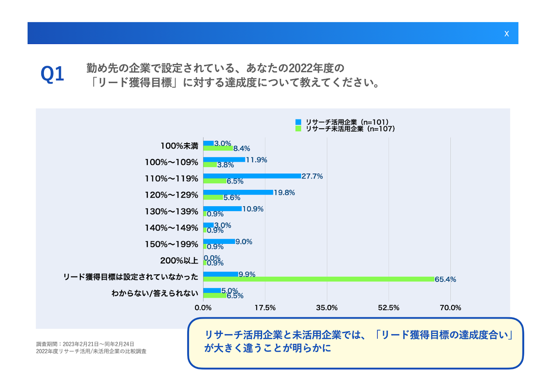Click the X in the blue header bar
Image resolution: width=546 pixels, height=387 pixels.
[507, 34]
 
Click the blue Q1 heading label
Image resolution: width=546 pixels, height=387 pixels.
[53, 74]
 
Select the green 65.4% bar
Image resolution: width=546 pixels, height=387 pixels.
[318, 279]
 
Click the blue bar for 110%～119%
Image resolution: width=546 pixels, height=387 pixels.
[252, 176]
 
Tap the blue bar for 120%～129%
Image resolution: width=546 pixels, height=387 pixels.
[238, 192]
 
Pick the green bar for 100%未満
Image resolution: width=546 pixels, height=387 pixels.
[218, 148]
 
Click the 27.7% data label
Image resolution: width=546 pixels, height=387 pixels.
[312, 176]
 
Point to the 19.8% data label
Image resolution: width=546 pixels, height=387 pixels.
[284, 193]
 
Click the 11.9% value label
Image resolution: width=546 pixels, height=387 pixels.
[256, 160]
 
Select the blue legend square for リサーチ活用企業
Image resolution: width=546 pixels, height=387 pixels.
[298, 122]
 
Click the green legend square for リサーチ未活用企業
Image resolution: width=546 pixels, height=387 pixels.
[298, 129]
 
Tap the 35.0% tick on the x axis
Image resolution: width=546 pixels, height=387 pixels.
[327, 308]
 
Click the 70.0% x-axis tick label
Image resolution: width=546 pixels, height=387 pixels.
[450, 308]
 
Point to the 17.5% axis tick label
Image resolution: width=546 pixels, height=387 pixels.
[265, 308]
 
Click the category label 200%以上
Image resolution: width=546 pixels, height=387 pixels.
[179, 261]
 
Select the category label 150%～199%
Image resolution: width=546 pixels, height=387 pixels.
[171, 244]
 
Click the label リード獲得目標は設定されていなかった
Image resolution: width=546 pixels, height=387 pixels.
[131, 277]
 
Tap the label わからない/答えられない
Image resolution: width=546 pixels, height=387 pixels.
[155, 293]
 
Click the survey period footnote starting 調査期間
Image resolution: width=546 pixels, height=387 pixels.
[85, 344]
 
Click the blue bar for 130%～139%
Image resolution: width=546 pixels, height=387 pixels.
[222, 208]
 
